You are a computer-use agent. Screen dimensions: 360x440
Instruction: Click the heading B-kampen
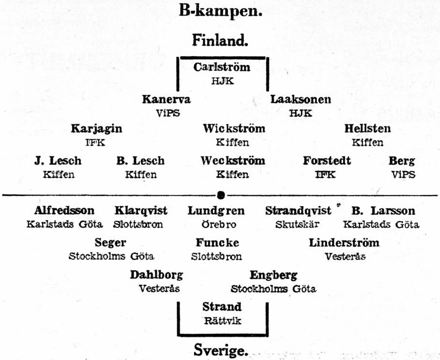[220, 11]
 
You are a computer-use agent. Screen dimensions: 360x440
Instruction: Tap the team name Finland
[220, 40]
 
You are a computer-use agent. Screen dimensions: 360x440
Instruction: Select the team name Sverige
[221, 350]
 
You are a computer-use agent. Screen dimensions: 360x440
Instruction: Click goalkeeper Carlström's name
[222, 67]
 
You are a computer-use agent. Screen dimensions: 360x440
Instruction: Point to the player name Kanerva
[166, 99]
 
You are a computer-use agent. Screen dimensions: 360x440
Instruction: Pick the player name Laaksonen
[300, 99]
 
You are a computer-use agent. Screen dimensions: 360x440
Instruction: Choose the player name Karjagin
[96, 129]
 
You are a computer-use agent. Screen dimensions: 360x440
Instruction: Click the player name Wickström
[234, 128]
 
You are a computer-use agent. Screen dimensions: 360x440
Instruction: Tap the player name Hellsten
[367, 128]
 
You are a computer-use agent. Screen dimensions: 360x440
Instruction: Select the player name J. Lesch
[58, 161]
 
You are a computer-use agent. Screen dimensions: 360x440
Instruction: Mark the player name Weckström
[233, 160]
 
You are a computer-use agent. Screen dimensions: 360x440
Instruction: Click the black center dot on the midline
[221, 195]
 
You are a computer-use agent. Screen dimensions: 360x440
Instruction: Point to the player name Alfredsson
[64, 210]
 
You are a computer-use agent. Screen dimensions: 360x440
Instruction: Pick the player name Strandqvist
[298, 211]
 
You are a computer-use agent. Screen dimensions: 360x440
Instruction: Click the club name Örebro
[219, 224]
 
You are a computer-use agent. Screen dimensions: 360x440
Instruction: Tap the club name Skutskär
[297, 225]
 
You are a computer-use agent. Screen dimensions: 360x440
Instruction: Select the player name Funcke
[217, 242]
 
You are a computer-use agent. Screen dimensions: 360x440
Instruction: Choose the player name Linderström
[344, 243]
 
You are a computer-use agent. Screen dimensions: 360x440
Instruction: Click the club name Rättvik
[222, 321]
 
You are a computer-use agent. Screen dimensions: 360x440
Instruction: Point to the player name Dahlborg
[156, 275]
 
